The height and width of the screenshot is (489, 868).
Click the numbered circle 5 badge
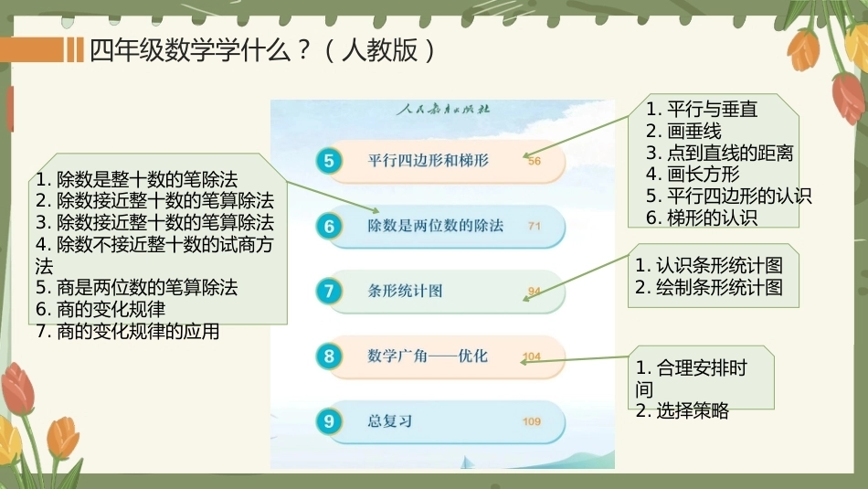point(329,161)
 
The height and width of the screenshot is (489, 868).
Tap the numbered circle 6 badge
point(329,226)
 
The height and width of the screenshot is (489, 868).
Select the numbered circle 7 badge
point(329,291)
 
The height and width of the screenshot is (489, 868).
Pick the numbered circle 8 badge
point(329,356)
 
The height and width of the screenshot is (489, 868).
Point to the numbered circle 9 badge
point(329,420)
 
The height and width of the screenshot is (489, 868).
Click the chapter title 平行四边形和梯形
point(428,161)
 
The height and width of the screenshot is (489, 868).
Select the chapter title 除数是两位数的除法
point(435,226)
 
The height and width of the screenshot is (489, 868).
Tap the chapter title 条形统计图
point(405,291)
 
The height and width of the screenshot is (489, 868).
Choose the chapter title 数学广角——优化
point(428,356)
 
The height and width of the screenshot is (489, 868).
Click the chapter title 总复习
point(390,420)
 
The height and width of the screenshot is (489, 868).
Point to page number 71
point(535,226)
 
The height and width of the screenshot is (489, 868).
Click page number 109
point(532,421)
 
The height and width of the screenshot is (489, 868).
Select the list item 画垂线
point(694,132)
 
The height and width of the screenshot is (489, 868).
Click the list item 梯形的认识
point(712,218)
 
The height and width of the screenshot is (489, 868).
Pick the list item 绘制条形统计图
point(719,287)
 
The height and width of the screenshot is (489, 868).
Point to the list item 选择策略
point(693,411)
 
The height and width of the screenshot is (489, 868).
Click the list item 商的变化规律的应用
point(138,331)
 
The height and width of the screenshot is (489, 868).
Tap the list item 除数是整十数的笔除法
point(147,179)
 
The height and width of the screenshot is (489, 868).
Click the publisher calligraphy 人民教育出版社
point(443,109)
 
